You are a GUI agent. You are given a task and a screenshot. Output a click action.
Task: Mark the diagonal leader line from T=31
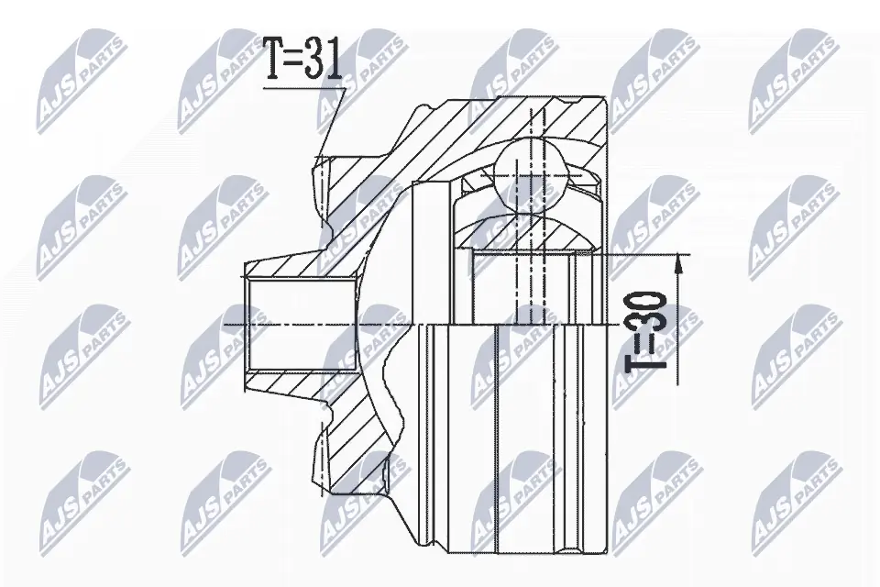(333, 124)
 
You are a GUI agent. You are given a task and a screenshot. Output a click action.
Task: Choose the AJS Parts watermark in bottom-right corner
(793, 500)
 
